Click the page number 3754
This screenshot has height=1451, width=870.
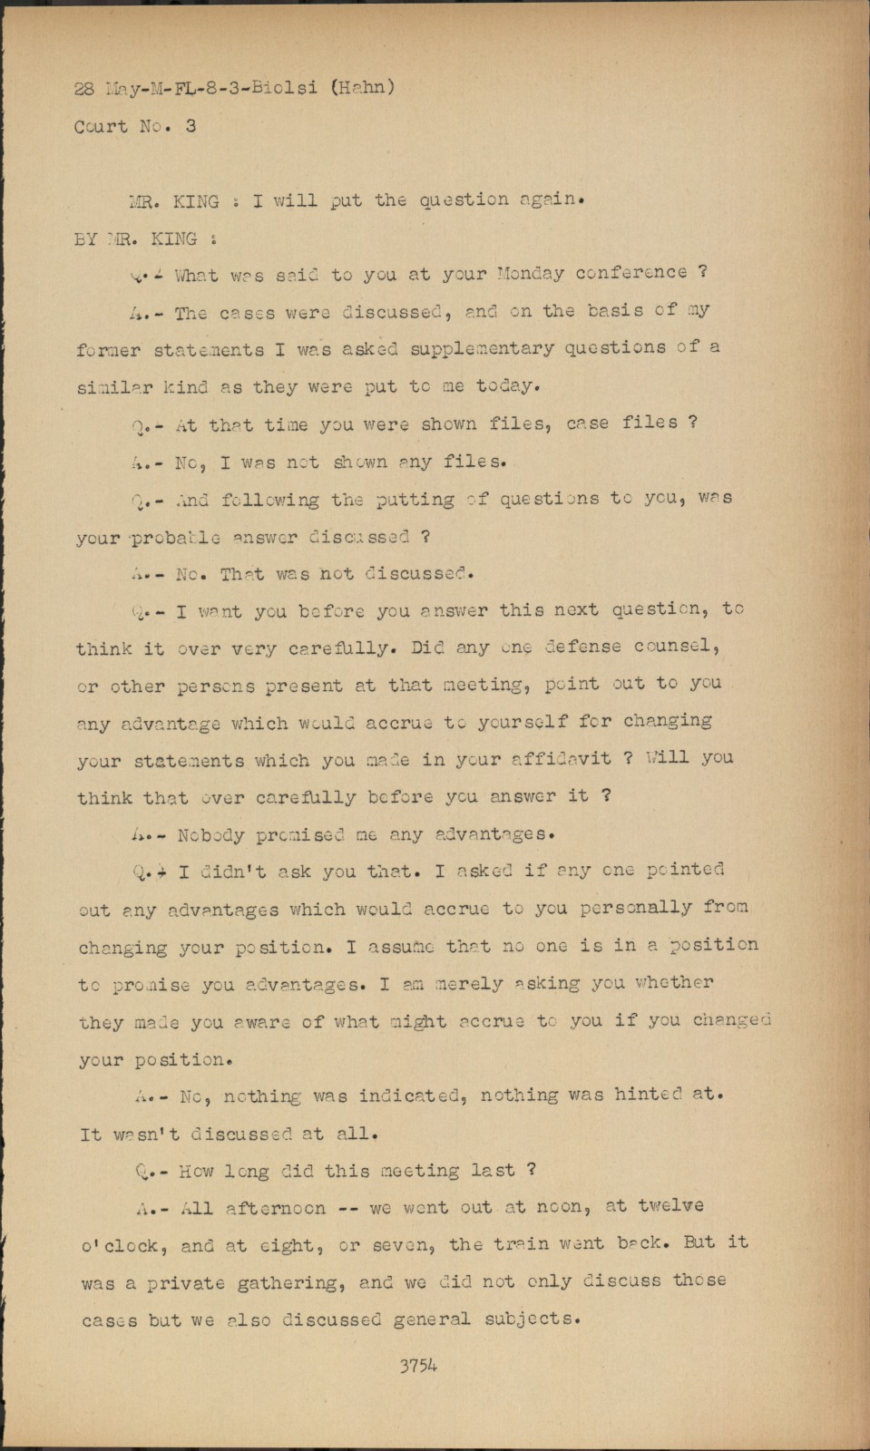pyautogui.click(x=418, y=1365)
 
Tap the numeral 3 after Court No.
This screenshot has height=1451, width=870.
pyautogui.click(x=191, y=126)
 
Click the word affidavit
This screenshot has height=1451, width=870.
pyautogui.click(x=566, y=758)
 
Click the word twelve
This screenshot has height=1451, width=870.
pyautogui.click(x=670, y=1206)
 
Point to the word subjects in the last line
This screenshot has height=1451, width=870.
pyautogui.click(x=530, y=1319)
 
